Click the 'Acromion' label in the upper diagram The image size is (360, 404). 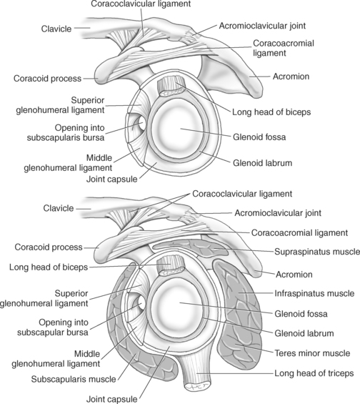click(x=291, y=76)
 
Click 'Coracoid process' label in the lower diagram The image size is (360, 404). click(x=45, y=247)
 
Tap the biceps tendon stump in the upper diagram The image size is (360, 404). click(x=172, y=88)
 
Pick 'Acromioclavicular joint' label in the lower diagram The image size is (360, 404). click(x=280, y=212)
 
